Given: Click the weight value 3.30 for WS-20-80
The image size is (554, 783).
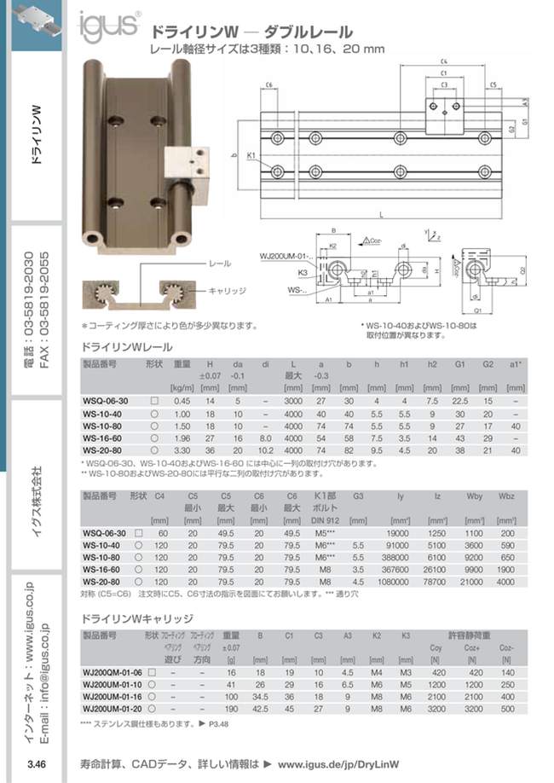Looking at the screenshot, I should click(x=181, y=449).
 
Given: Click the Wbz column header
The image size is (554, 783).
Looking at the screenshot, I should click(x=505, y=495).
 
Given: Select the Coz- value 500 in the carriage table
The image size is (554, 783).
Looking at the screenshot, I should click(x=508, y=707).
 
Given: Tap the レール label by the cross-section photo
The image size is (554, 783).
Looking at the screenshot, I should click(x=220, y=264).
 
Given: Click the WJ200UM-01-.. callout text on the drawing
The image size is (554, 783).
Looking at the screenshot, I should click(x=286, y=254).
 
